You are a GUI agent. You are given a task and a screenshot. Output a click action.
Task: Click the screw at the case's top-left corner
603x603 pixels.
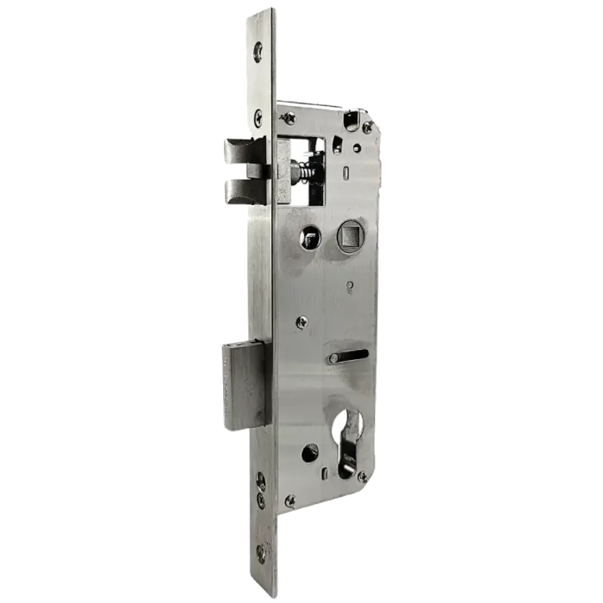tap(289, 118)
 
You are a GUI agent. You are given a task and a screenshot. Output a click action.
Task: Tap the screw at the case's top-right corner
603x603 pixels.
tap(368, 127)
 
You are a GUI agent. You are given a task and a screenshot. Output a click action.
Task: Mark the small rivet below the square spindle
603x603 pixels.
tap(349, 285)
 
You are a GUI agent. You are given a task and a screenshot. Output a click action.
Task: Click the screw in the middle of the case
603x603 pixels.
tap(301, 322)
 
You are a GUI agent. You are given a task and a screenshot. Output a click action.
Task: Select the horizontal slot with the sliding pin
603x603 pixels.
tap(347, 356)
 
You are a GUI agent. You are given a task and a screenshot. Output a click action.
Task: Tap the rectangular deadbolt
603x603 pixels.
tap(247, 382)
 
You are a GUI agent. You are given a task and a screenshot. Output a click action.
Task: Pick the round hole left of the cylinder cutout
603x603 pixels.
tap(309, 451)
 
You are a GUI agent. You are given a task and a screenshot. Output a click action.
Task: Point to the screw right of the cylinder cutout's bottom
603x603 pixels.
tap(363, 476)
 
